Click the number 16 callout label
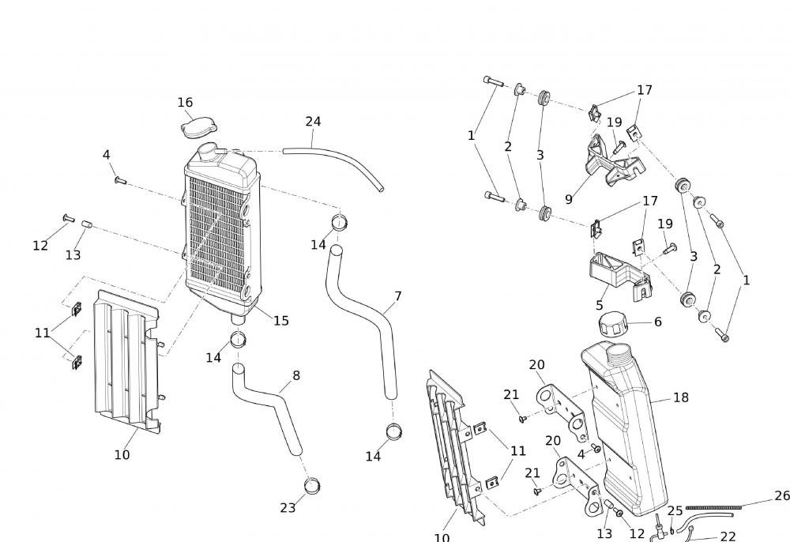(185, 103)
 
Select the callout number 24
(313, 122)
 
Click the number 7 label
(398, 296)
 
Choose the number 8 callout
(296, 375)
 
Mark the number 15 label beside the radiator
(281, 321)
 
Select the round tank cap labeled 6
(614, 324)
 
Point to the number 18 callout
(681, 397)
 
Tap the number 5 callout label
(600, 305)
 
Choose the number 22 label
(728, 536)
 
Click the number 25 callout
(675, 511)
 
